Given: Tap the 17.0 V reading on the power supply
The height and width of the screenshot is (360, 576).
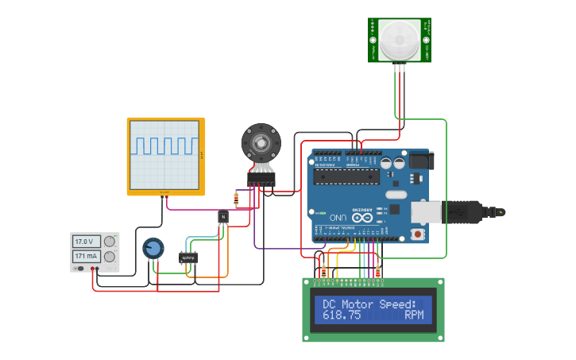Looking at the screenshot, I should [83, 242].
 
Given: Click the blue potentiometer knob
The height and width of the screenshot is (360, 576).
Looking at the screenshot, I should [153, 249].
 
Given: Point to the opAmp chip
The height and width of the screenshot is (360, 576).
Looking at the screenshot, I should [189, 257].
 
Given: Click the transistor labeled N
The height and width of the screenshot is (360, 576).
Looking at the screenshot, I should [223, 216].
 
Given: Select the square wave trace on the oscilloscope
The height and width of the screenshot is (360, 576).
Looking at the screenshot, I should [165, 145].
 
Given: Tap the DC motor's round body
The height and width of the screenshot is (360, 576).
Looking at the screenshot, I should [261, 143].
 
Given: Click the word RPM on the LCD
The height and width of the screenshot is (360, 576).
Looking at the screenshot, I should [414, 315].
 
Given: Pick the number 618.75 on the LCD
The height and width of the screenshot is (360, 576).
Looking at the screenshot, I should [342, 315].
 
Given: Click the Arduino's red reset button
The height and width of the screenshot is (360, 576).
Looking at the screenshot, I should [418, 234].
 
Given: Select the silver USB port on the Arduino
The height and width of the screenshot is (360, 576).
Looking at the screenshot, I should [426, 211].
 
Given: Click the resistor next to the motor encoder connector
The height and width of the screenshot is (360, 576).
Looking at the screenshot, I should [236, 197].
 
